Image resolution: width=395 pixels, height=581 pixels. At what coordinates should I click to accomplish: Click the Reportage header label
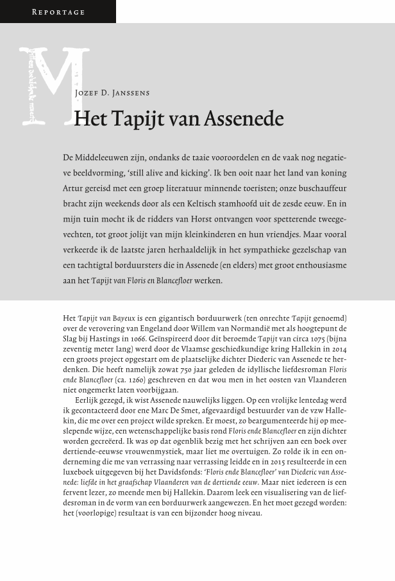pos(58,12)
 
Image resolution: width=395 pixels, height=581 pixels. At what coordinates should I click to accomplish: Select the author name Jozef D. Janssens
pos(112,94)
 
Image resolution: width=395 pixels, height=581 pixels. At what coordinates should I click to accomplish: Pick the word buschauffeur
pos(321,188)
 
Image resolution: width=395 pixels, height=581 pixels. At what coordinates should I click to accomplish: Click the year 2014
pos(339,349)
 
